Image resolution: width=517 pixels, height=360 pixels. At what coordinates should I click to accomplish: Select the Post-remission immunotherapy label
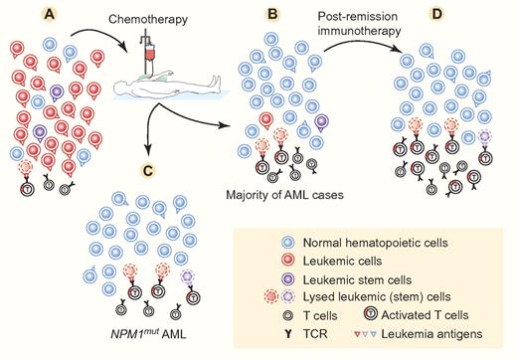[357, 23]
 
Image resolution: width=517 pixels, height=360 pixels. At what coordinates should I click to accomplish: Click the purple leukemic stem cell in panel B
[322, 123]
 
